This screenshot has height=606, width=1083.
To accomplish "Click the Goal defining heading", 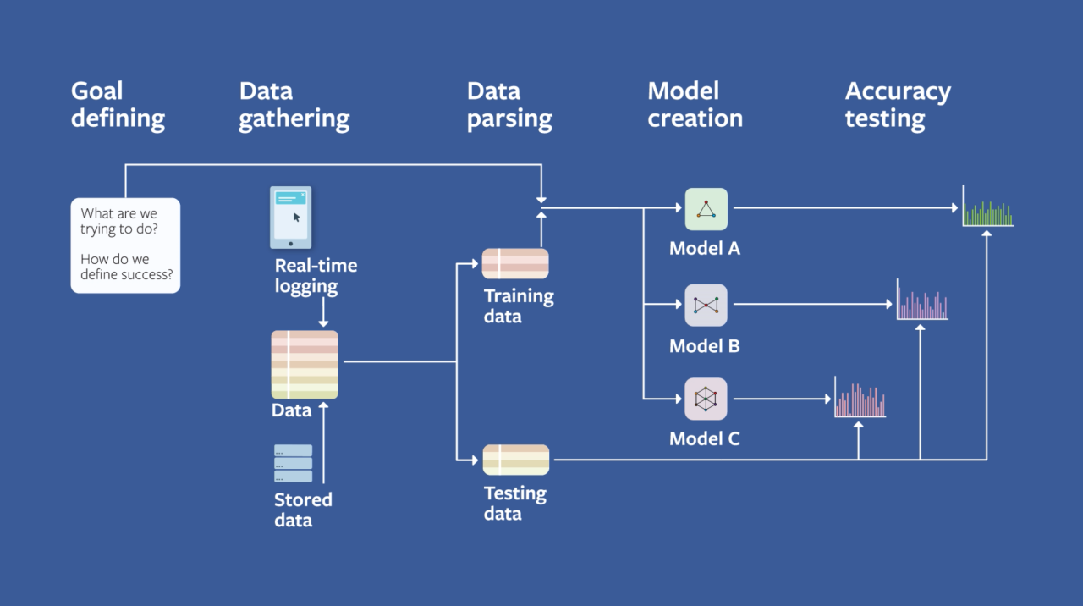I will point(118,105).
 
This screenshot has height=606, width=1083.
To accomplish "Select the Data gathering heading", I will point(294,105).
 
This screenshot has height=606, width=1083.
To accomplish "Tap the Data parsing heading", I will point(509,105).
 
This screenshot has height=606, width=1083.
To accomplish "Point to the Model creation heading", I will point(695,105).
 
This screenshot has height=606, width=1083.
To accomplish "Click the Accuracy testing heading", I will point(897,105).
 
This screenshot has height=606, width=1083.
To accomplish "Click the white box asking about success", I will point(125,245).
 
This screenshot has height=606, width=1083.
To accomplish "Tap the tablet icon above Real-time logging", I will point(290,218).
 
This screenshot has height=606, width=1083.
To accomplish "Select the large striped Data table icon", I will point(305,365).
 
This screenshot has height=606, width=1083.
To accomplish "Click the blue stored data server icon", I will point(293,464).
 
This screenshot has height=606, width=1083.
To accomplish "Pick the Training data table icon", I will point(515,263).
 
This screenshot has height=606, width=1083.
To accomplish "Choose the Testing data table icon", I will point(515,460).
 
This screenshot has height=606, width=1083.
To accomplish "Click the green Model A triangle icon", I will point(706,209).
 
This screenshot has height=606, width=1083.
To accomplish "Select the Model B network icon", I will point(706,306).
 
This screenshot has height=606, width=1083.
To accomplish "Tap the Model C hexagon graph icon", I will point(706,399).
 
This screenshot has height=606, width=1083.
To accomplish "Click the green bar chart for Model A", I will point(987,207).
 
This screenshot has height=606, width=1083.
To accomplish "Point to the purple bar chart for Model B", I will point(922,300).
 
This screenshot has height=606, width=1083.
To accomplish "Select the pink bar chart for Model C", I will point(860,398).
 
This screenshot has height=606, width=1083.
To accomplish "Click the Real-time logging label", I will point(316,276).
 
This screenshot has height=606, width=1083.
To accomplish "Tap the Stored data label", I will point(303,510).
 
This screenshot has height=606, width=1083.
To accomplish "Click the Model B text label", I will point(704,346).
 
